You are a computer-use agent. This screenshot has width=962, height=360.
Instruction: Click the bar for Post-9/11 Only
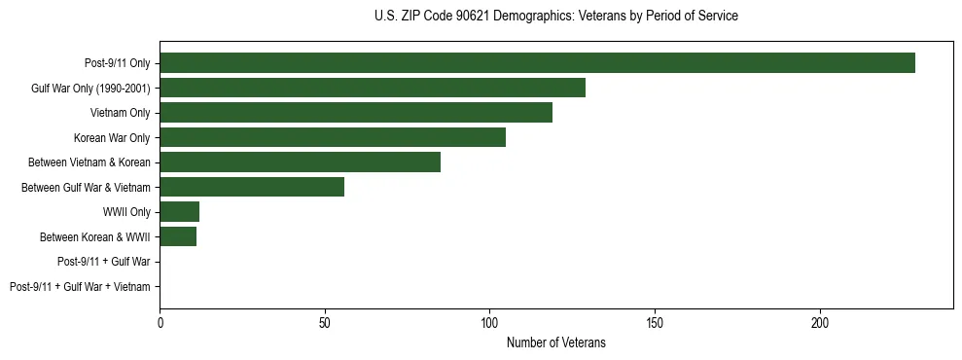click(537, 63)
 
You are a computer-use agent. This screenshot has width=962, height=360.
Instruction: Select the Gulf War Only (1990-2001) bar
click(373, 89)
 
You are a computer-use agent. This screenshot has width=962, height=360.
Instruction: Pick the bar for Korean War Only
click(333, 138)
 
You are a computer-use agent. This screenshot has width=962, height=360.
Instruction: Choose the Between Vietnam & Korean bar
click(300, 162)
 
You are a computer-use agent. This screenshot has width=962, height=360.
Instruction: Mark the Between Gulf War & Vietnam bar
click(252, 187)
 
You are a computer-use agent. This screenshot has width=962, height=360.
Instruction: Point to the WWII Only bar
click(179, 212)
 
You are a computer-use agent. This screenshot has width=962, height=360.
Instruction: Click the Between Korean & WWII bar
click(178, 236)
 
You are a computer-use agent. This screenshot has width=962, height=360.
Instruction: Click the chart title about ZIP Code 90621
click(555, 17)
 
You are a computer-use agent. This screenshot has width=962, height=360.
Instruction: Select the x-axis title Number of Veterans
click(555, 342)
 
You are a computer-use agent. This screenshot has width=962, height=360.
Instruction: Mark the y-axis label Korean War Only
click(112, 138)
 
